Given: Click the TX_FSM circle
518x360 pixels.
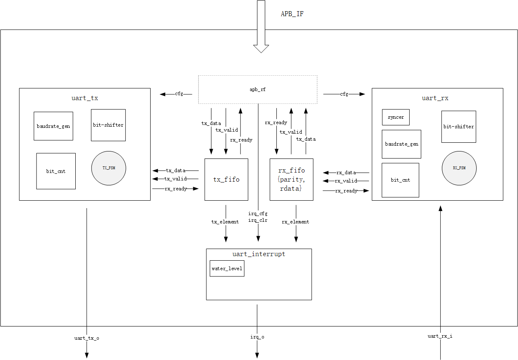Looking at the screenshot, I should click(x=108, y=168).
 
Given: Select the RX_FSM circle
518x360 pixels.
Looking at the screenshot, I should click(x=459, y=168).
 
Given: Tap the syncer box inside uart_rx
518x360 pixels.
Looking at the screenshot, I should click(x=396, y=117).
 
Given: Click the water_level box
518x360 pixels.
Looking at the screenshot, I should click(x=227, y=269).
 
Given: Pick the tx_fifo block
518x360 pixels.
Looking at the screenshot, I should click(x=226, y=180).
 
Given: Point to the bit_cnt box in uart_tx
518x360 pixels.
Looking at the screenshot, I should click(x=56, y=171).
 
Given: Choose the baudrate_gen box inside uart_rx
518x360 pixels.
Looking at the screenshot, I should click(x=401, y=144).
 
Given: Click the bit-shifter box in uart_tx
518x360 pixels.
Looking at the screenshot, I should click(x=108, y=125).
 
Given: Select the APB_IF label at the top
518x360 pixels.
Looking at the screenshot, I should click(x=293, y=14).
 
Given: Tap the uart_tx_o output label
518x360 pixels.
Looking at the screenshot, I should click(x=86, y=338).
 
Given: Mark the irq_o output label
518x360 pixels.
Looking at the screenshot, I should click(x=257, y=337).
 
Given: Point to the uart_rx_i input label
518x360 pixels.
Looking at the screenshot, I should click(x=440, y=336).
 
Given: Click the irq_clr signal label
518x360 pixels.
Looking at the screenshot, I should click(x=258, y=220).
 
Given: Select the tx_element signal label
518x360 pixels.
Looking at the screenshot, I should click(x=225, y=222).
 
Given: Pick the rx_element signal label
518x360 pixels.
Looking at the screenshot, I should click(x=295, y=222).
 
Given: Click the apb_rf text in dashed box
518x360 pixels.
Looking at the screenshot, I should click(x=258, y=89).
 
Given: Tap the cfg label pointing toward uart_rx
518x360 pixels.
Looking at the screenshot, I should click(x=344, y=94).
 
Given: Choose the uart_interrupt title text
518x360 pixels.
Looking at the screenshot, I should click(x=259, y=254).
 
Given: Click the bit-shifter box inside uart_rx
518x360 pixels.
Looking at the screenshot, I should click(x=458, y=127).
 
